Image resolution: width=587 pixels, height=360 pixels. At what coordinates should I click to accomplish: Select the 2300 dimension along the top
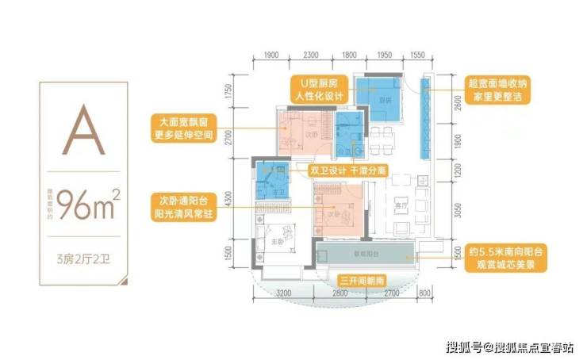pos(310,56)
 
